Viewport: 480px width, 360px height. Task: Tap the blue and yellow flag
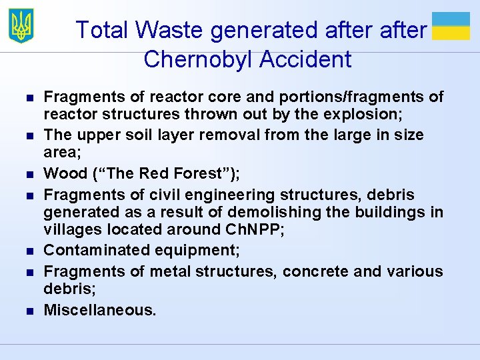[x=451, y=26]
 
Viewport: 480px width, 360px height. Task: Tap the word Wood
[x=63, y=174]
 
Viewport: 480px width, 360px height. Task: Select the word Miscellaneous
[x=99, y=310]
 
